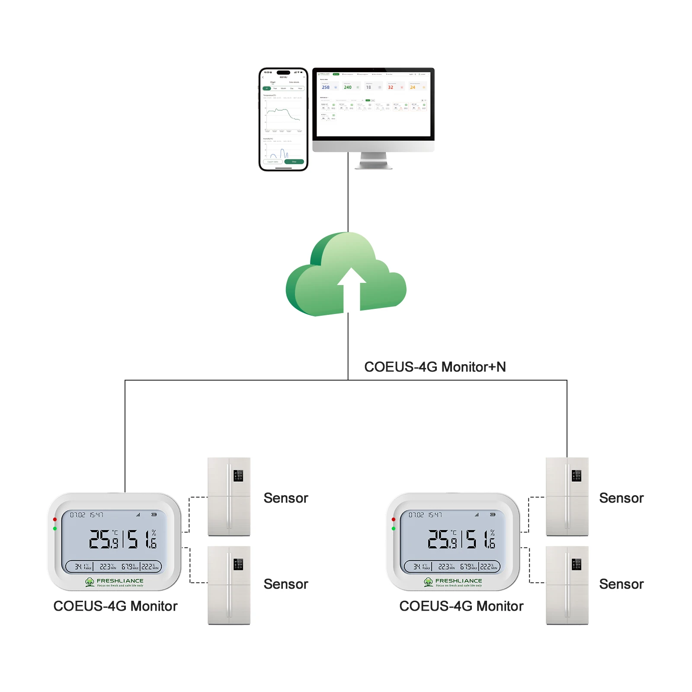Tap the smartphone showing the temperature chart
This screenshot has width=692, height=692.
pyautogui.click(x=283, y=119)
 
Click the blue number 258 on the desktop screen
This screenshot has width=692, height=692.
pyautogui.click(x=326, y=87)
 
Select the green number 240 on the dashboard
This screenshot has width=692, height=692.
pyautogui.click(x=348, y=87)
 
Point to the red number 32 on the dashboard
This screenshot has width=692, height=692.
pyautogui.click(x=391, y=87)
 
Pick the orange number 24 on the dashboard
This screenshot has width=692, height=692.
pyautogui.click(x=413, y=87)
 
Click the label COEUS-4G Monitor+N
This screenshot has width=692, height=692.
pyautogui.click(x=435, y=367)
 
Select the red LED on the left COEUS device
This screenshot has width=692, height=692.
pyautogui.click(x=55, y=519)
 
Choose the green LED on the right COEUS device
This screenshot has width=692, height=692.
pyautogui.click(x=394, y=529)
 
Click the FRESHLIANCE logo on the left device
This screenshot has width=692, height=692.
pyautogui.click(x=115, y=582)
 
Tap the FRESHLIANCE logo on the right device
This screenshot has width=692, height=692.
pyautogui.click(x=454, y=582)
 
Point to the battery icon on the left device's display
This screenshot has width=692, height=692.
pyautogui.click(x=154, y=515)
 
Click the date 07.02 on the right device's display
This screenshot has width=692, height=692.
pyautogui.click(x=416, y=515)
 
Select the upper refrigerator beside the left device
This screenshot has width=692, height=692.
pyautogui.click(x=229, y=497)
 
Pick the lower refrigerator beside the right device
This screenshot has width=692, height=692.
pyautogui.click(x=567, y=585)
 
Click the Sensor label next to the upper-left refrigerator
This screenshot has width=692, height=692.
pyautogui.click(x=286, y=498)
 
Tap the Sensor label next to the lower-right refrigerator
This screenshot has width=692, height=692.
pyautogui.click(x=622, y=584)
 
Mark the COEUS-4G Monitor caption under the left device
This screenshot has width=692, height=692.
pyautogui.click(x=115, y=606)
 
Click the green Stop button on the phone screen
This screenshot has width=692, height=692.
pyautogui.click(x=294, y=162)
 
